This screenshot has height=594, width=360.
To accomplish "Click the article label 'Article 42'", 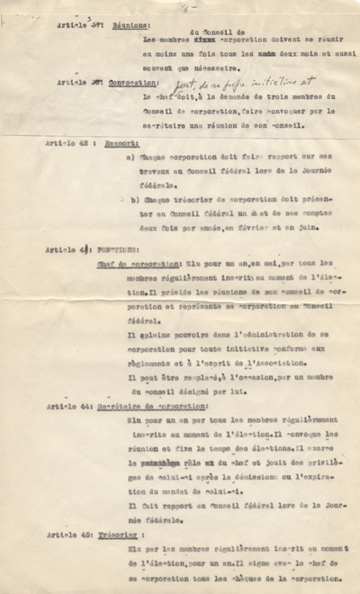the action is tap(67, 143).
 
